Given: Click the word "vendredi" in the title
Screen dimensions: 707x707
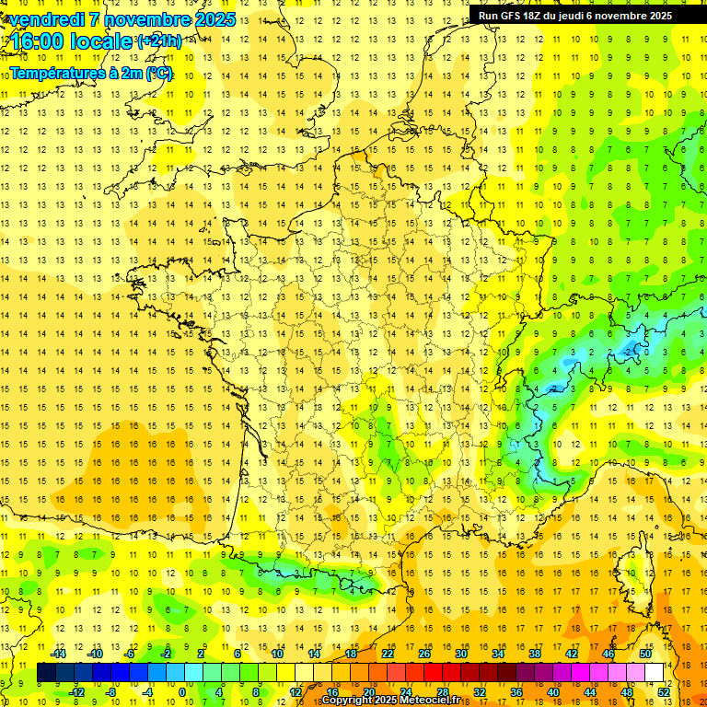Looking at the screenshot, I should click(47, 19).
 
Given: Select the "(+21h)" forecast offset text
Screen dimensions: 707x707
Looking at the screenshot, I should click(159, 41).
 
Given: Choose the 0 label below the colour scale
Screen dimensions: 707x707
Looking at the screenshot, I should click(182, 692).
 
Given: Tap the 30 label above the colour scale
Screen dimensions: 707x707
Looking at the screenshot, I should click(460, 654).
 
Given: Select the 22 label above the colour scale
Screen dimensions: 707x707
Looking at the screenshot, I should click(388, 654).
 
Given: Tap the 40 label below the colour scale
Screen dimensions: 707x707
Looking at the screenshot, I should click(553, 692).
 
